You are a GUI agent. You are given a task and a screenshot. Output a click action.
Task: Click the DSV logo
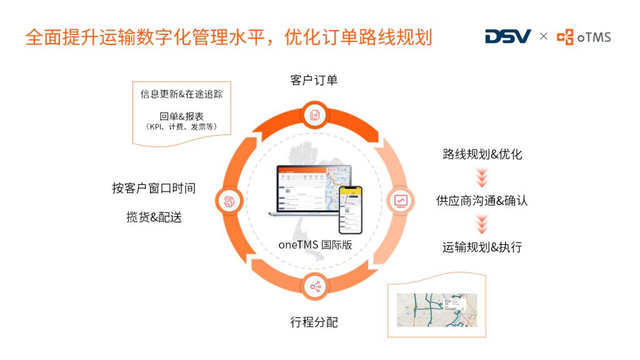tap(507, 36)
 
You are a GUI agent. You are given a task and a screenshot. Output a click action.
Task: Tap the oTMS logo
tap(584, 37)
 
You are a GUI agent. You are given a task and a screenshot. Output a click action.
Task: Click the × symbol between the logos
tap(544, 36)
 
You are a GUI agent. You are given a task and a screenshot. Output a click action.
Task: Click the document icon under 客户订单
tap(314, 114)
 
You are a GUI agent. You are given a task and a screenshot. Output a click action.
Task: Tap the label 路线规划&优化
tap(481, 154)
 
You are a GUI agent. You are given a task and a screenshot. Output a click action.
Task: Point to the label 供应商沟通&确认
tap(481, 201)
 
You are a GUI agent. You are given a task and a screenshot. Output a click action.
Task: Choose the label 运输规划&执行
tap(481, 247)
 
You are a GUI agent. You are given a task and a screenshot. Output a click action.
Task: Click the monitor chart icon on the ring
tap(401, 201)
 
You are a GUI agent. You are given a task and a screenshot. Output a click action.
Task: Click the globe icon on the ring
tap(228, 201)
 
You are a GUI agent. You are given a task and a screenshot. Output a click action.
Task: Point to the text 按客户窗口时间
tap(154, 188)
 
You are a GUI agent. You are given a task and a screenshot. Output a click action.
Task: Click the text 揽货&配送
tap(154, 217)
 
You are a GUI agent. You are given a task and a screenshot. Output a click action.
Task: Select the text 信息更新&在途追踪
tap(181, 94)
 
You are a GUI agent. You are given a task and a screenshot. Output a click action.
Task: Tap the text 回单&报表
tap(181, 116)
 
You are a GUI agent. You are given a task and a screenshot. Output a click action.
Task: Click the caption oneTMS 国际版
tap(315, 244)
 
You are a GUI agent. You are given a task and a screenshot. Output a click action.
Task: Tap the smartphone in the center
tap(350, 209)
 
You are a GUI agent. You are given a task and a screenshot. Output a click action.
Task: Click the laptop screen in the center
tap(306, 187)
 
